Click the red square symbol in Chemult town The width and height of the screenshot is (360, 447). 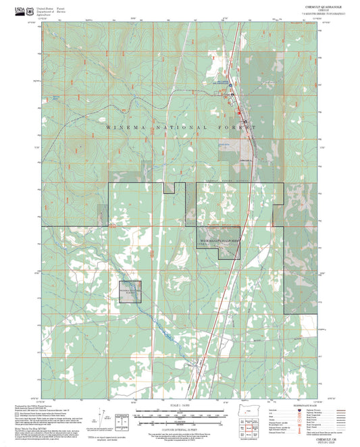(x=234, y=95)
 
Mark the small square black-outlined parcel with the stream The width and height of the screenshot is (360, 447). (x=130, y=291)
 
